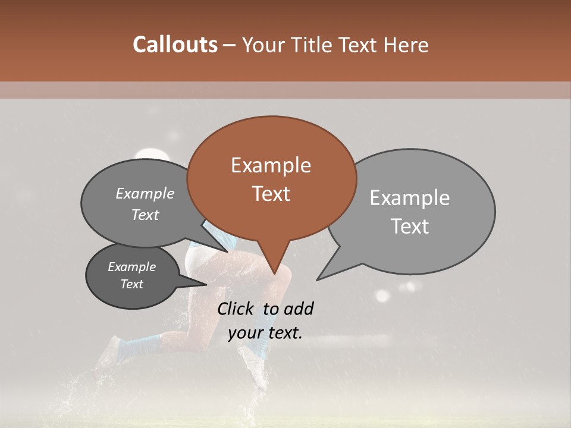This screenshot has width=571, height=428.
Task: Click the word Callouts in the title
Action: [175, 45]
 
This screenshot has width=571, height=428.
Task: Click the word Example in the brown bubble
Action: [271, 165]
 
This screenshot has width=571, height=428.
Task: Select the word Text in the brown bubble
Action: [271, 194]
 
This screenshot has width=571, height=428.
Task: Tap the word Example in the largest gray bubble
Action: [410, 198]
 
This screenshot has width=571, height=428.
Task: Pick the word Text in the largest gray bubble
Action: [410, 226]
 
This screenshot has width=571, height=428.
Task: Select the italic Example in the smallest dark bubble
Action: [131, 267]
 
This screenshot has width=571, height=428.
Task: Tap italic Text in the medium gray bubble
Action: [145, 215]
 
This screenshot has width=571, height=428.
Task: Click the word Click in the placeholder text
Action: [237, 309]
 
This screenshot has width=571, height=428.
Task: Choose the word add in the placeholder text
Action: [299, 309]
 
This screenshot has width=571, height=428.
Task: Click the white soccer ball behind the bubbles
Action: [151, 155]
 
